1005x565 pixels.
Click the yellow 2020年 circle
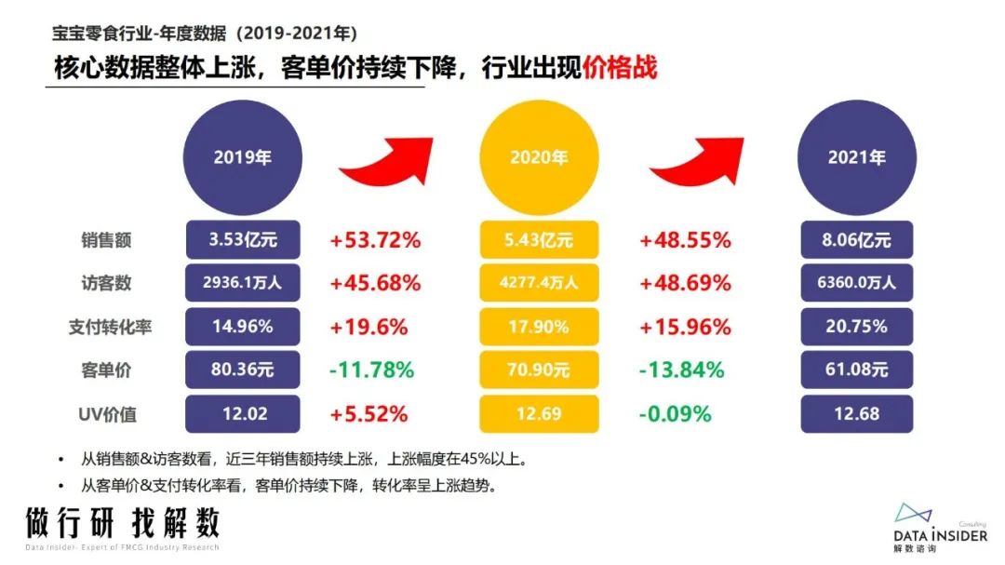(537, 158)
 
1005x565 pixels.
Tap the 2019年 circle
(242, 158)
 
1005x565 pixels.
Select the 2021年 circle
(856, 158)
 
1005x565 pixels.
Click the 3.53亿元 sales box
(242, 240)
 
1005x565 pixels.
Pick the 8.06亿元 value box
(856, 240)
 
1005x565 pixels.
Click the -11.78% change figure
(370, 370)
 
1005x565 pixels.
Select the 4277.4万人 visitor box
(537, 283)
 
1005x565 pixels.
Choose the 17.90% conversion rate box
(537, 327)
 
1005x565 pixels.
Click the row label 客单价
(106, 370)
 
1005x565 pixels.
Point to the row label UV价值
(107, 413)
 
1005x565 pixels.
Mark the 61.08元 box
(856, 370)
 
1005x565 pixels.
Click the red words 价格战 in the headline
(620, 69)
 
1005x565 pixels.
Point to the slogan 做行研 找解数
(123, 522)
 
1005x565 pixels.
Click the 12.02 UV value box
(242, 413)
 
